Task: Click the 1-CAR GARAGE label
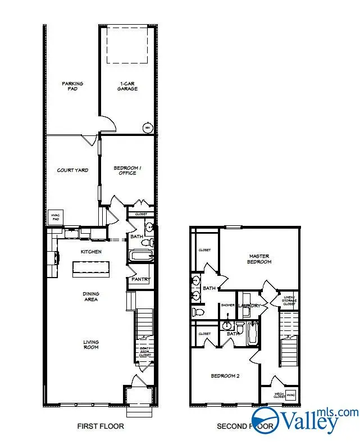(x=127, y=86)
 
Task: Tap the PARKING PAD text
(x=72, y=86)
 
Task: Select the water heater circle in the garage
(x=148, y=128)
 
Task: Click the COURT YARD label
(x=72, y=170)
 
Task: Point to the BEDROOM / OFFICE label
(x=125, y=170)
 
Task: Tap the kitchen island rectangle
(x=90, y=268)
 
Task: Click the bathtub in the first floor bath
(x=141, y=257)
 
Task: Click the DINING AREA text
(x=90, y=296)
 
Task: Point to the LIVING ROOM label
(x=90, y=344)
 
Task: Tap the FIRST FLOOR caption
(x=101, y=426)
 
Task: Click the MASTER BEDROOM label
(x=260, y=259)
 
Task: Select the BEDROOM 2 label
(x=225, y=376)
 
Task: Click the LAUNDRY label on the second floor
(x=249, y=306)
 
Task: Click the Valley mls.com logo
(x=304, y=420)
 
